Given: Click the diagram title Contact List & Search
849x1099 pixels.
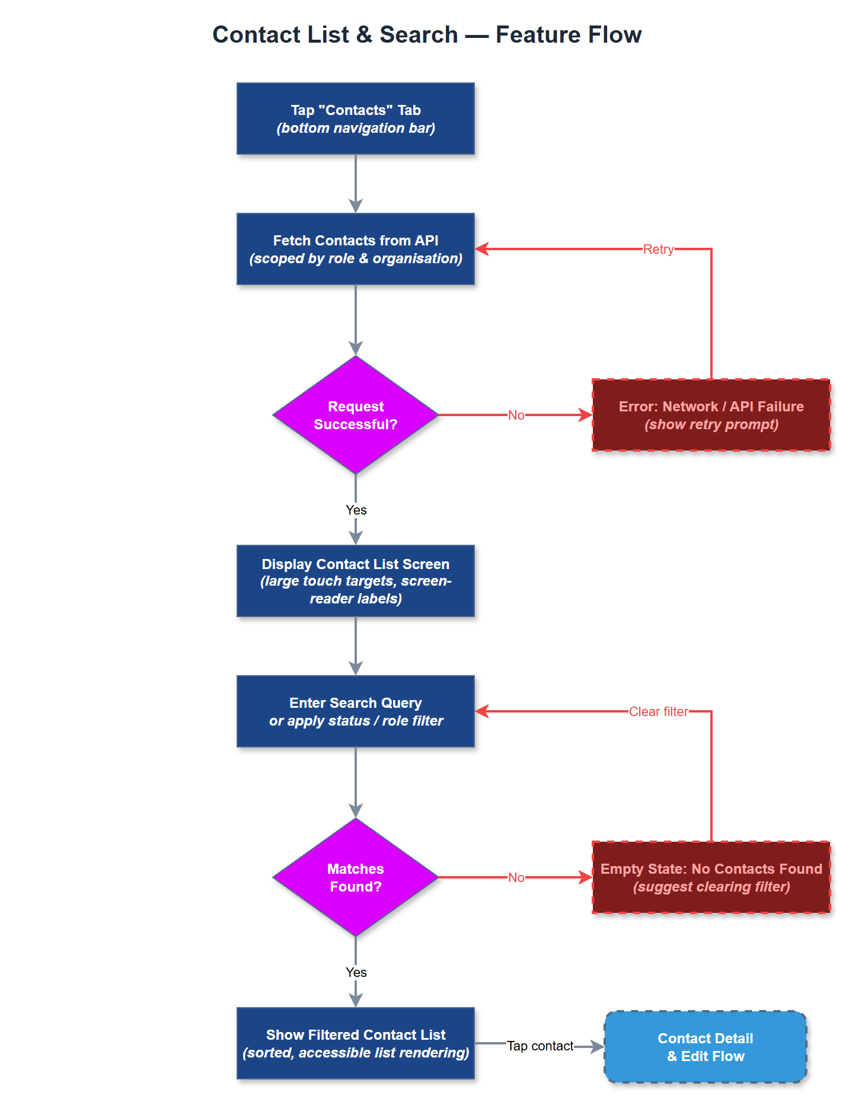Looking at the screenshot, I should [x=427, y=34].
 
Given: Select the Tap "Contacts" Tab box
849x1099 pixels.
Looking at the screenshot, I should [x=356, y=119].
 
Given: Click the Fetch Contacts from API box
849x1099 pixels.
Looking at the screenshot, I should [x=356, y=249].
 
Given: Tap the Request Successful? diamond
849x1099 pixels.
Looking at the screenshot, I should [x=356, y=415].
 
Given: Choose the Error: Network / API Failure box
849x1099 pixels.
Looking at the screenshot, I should [x=711, y=415].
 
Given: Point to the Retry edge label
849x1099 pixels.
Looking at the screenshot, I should [x=658, y=250].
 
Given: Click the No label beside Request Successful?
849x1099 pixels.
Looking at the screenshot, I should [x=516, y=416].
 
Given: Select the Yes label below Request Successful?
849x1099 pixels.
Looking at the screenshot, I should [x=356, y=510].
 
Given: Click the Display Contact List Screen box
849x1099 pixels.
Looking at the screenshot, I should [x=356, y=581].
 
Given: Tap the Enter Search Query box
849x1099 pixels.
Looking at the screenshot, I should [x=356, y=711].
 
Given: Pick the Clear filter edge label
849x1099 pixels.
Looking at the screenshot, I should [x=658, y=712].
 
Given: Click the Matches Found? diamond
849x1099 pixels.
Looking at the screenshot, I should [x=356, y=877].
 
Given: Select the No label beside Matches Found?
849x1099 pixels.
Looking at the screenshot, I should [x=516, y=878].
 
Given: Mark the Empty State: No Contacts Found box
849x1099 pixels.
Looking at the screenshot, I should [x=711, y=877].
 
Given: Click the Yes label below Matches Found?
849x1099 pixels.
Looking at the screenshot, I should [x=356, y=972].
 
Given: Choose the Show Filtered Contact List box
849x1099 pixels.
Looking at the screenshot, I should [x=356, y=1043].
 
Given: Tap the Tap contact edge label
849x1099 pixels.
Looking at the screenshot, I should [x=540, y=1046].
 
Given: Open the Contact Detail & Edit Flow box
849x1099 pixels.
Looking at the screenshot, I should [x=705, y=1047].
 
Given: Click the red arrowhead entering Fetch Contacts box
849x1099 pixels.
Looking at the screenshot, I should [x=482, y=249].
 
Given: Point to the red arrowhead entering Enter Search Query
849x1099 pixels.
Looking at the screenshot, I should [x=482, y=711].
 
